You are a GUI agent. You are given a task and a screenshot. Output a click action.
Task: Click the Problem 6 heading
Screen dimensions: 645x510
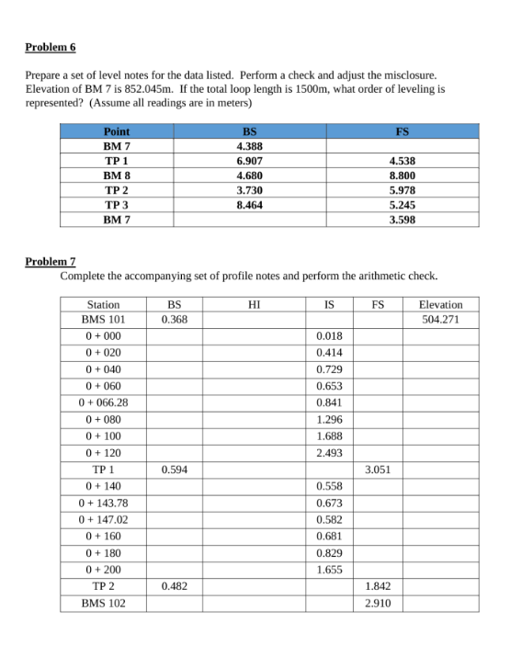pos(51,47)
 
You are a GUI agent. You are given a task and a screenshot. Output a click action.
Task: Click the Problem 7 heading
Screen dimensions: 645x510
pos(51,262)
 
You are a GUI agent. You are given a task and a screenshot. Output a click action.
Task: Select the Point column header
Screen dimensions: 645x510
pos(117,131)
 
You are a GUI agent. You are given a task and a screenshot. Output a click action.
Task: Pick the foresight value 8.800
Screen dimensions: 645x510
pos(402,175)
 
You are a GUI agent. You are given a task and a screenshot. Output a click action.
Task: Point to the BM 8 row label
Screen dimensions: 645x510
pos(117,175)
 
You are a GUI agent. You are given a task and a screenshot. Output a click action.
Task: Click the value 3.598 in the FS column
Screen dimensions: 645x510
pos(402,221)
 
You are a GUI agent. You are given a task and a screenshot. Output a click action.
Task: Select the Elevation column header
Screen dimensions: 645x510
pos(440,304)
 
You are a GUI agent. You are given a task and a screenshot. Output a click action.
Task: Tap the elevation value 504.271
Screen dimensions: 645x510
pos(440,320)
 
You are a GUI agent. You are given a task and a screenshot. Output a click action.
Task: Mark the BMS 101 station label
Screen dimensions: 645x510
pos(103,320)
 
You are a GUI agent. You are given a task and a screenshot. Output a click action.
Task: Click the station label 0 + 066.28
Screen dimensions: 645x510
pos(103,402)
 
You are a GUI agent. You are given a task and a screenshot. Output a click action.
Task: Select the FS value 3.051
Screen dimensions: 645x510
pos(378,469)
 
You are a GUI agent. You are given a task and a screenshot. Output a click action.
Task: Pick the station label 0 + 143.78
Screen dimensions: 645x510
pos(103,503)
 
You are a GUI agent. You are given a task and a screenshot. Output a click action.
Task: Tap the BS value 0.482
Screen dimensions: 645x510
pos(175,585)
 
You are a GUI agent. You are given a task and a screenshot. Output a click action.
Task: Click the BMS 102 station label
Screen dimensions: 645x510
pos(103,603)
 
